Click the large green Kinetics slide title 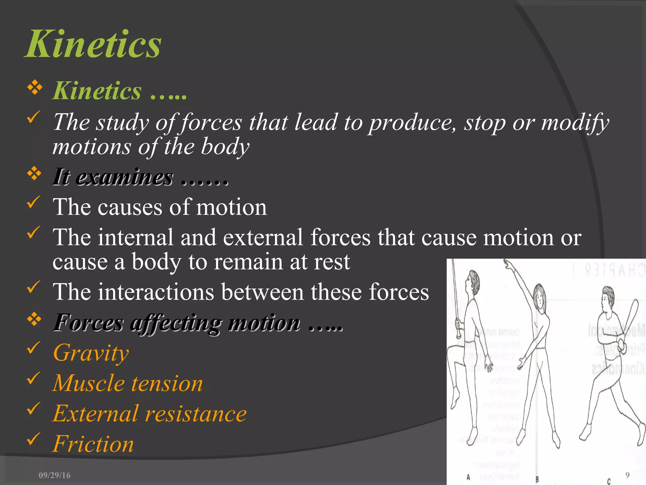pos(93,44)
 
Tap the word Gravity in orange pos(91,353)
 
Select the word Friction pos(93,444)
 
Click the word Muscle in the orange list pos(89,383)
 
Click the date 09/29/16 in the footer pos(55,475)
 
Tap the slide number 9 pos(627,475)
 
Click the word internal pos(136,237)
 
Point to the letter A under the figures pos(468,477)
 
